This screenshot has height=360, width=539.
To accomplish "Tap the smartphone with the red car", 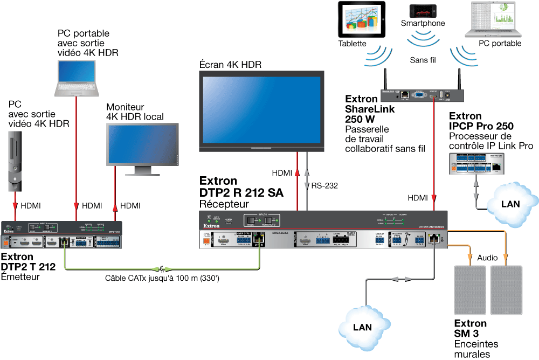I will [x=423, y=11].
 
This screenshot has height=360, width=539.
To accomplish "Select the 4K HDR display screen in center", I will [x=261, y=110].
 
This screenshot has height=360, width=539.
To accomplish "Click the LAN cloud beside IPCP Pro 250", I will [x=510, y=203].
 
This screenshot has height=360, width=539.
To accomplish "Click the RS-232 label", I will [x=324, y=186].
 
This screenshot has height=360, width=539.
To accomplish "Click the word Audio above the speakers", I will [x=488, y=258].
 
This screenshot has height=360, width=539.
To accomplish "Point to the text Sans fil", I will [x=423, y=60].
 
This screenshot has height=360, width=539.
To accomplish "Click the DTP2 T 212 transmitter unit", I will [x=63, y=234].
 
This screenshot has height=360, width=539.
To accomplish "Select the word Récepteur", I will [x=224, y=204].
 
